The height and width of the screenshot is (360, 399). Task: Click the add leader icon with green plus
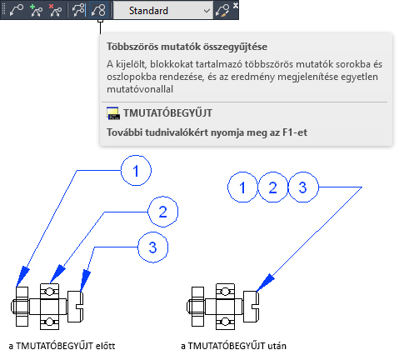pos(36,11)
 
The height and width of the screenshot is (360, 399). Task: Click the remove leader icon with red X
pos(55,11)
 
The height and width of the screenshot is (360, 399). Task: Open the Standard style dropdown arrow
pos(207,11)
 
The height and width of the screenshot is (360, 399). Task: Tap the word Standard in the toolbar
pos(148,11)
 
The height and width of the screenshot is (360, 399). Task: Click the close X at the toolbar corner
pos(236,5)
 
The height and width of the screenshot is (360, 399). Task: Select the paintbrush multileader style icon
pos(222,11)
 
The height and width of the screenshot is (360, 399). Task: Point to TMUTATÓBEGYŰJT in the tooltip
pos(168,113)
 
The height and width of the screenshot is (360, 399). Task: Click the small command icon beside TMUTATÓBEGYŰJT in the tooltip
pos(113,113)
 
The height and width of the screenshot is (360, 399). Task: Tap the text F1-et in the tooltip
pos(295,132)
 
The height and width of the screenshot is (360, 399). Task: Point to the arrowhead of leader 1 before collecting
pos(22,277)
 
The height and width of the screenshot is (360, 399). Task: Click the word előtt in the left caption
pos(105,346)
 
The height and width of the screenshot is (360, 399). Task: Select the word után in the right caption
pos(277,346)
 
